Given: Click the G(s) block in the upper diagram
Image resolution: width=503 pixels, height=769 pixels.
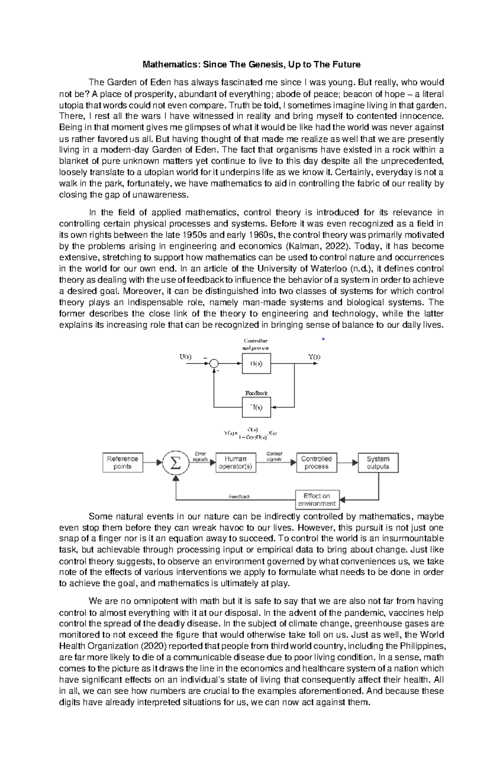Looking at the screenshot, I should pos(256,363).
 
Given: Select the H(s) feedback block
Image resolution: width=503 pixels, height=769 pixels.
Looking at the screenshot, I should pos(256,407).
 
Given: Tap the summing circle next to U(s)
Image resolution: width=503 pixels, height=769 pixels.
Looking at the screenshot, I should pos(214,363).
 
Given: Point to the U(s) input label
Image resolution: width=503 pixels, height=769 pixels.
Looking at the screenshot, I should pos(185,357).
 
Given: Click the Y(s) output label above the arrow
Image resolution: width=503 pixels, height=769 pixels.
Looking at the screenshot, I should pos(314,357).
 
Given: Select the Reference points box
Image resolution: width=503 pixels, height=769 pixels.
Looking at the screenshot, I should pos(122,463).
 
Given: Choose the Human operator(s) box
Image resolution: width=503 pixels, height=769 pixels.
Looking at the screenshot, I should pos(236,463).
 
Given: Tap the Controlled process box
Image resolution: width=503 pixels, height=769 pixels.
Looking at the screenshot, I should pos(316,463).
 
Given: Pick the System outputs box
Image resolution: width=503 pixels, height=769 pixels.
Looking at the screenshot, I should pos(378,463).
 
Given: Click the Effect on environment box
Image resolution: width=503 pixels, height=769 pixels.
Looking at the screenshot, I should pos(317,500).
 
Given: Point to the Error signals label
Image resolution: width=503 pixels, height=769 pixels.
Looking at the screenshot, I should pos(200,456).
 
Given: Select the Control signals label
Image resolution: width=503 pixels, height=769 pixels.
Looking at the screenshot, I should pos(274,456).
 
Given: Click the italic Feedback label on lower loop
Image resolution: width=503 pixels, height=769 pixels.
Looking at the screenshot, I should pos(239,497).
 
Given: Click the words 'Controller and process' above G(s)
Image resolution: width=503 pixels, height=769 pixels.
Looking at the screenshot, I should pos(256,344).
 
